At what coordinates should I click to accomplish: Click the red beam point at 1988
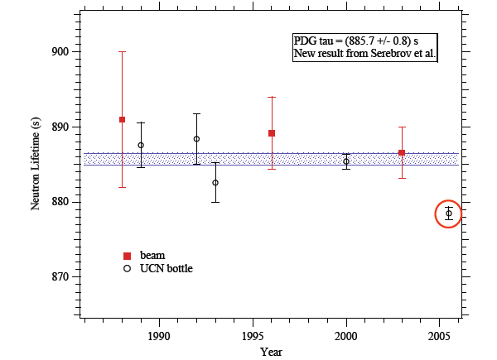pyautogui.click(x=123, y=119)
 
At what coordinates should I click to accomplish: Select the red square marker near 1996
pyautogui.click(x=272, y=133)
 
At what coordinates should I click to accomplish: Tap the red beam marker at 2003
pyautogui.click(x=402, y=152)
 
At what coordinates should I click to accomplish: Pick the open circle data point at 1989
pyautogui.click(x=141, y=145)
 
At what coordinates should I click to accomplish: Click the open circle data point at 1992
pyautogui.click(x=196, y=139)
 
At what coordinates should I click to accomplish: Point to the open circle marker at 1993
pyautogui.click(x=215, y=183)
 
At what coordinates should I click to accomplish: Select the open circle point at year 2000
pyautogui.click(x=346, y=161)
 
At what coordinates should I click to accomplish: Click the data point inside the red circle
pyautogui.click(x=449, y=214)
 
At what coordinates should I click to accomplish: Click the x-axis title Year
pyautogui.click(x=271, y=352)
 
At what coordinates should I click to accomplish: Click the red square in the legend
pyautogui.click(x=127, y=255)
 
